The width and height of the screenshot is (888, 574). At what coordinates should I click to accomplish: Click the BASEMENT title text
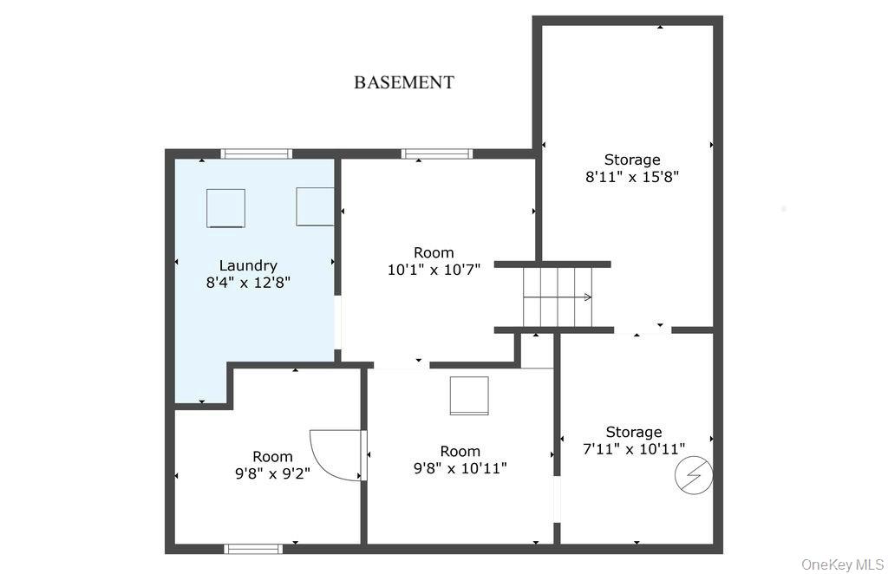tap(403, 82)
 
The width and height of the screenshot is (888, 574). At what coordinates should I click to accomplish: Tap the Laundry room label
tap(248, 265)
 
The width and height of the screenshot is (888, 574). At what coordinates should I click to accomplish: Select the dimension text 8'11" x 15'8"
tap(632, 177)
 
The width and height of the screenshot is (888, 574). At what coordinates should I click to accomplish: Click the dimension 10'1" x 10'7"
tap(434, 269)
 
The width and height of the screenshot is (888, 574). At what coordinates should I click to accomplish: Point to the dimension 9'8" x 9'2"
tap(272, 473)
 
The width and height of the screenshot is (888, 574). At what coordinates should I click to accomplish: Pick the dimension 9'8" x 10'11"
tap(460, 468)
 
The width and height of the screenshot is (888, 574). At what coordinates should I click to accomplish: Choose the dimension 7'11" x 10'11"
tap(634, 448)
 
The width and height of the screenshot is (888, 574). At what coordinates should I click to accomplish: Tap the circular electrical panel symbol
tap(695, 475)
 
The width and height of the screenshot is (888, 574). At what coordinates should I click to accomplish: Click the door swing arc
tap(334, 454)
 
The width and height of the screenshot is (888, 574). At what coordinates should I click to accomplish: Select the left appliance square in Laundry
tap(225, 208)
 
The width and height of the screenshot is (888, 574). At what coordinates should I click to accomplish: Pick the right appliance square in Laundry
tap(315, 206)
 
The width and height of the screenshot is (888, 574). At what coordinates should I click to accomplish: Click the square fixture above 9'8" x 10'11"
tap(469, 395)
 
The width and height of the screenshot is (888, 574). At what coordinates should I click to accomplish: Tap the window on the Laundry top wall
tap(256, 153)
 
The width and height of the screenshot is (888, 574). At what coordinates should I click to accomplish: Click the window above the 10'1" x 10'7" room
tap(437, 153)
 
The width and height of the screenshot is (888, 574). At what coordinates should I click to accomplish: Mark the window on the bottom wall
tap(253, 548)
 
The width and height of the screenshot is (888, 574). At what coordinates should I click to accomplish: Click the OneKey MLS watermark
tap(842, 564)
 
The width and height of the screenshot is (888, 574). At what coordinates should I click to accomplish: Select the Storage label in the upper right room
tap(632, 160)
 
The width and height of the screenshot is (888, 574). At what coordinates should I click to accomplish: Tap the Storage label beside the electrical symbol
tap(634, 432)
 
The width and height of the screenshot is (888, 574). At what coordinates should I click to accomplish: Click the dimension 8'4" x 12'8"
tap(248, 283)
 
